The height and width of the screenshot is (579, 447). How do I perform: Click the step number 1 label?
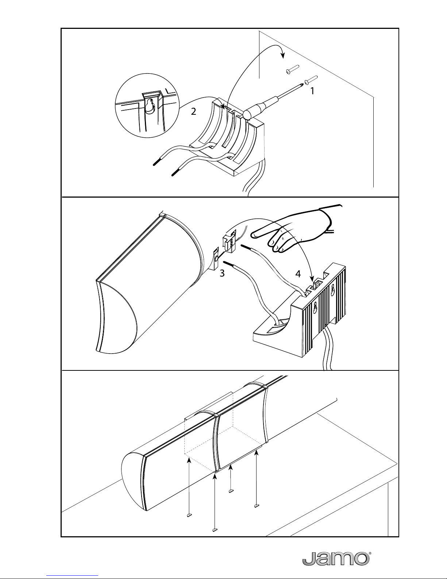tap(312, 91)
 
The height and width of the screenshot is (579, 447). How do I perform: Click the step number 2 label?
tap(193, 111)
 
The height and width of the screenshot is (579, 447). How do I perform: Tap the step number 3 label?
tap(222, 273)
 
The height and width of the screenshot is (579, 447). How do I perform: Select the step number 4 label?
tap(298, 274)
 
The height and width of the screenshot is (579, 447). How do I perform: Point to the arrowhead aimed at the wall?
tap(283, 56)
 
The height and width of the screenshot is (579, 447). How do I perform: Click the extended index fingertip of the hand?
tap(254, 235)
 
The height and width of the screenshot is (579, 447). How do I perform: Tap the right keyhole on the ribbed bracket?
tap(332, 290)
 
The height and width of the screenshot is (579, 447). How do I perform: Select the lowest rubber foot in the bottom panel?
tap(215, 529)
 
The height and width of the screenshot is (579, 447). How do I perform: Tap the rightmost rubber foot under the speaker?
tap(257, 506)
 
